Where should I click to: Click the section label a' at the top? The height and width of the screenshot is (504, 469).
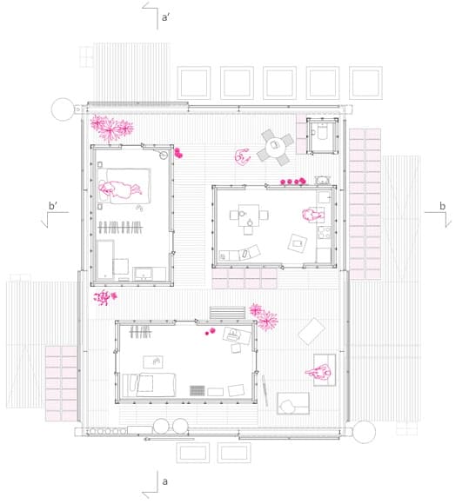[165, 17]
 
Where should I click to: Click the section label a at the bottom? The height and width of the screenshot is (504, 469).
[164, 481]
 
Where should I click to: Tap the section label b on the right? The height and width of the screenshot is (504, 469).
[443, 206]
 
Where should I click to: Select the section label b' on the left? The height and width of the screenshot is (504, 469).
[53, 205]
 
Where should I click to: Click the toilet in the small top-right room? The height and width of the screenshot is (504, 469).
[322, 132]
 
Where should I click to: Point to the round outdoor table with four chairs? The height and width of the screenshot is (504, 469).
[276, 147]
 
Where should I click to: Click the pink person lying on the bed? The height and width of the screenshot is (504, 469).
[120, 189]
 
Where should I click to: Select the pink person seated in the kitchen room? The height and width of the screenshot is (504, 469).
[312, 215]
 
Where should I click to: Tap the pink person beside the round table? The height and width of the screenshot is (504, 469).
[242, 156]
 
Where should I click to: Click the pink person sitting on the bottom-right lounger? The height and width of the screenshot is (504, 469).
[318, 372]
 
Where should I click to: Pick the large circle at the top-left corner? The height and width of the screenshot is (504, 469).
[63, 109]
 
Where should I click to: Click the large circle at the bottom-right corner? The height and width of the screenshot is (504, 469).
[364, 432]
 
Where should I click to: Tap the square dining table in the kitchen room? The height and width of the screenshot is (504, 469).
[249, 215]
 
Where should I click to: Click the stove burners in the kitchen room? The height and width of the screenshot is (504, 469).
[324, 232]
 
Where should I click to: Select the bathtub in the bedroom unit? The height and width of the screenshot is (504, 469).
[105, 260]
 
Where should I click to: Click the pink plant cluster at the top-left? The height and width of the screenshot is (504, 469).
[111, 129]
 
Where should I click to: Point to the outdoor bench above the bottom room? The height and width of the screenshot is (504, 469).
[228, 313]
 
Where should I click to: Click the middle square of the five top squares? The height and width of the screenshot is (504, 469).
[279, 83]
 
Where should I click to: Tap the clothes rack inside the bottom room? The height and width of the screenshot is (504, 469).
[140, 332]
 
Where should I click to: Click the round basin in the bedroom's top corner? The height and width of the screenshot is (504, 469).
[164, 156]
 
